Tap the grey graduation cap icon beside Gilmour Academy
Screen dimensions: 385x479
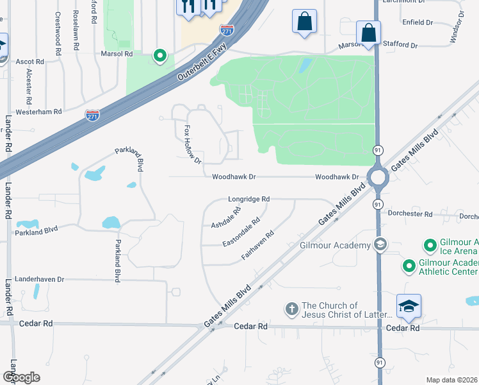[380, 244]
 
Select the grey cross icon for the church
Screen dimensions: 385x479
[291, 310]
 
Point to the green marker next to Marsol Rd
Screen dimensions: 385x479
[159, 57]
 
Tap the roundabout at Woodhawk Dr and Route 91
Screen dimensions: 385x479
[377, 177]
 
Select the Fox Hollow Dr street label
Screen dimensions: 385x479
[193, 144]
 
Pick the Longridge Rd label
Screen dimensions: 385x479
[248, 200]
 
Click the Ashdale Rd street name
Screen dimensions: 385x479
[226, 218]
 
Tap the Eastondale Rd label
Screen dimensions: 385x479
[241, 232]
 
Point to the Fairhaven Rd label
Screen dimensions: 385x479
[257, 244]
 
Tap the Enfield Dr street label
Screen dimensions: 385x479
[418, 22]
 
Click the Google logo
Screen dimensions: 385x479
[21, 377]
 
